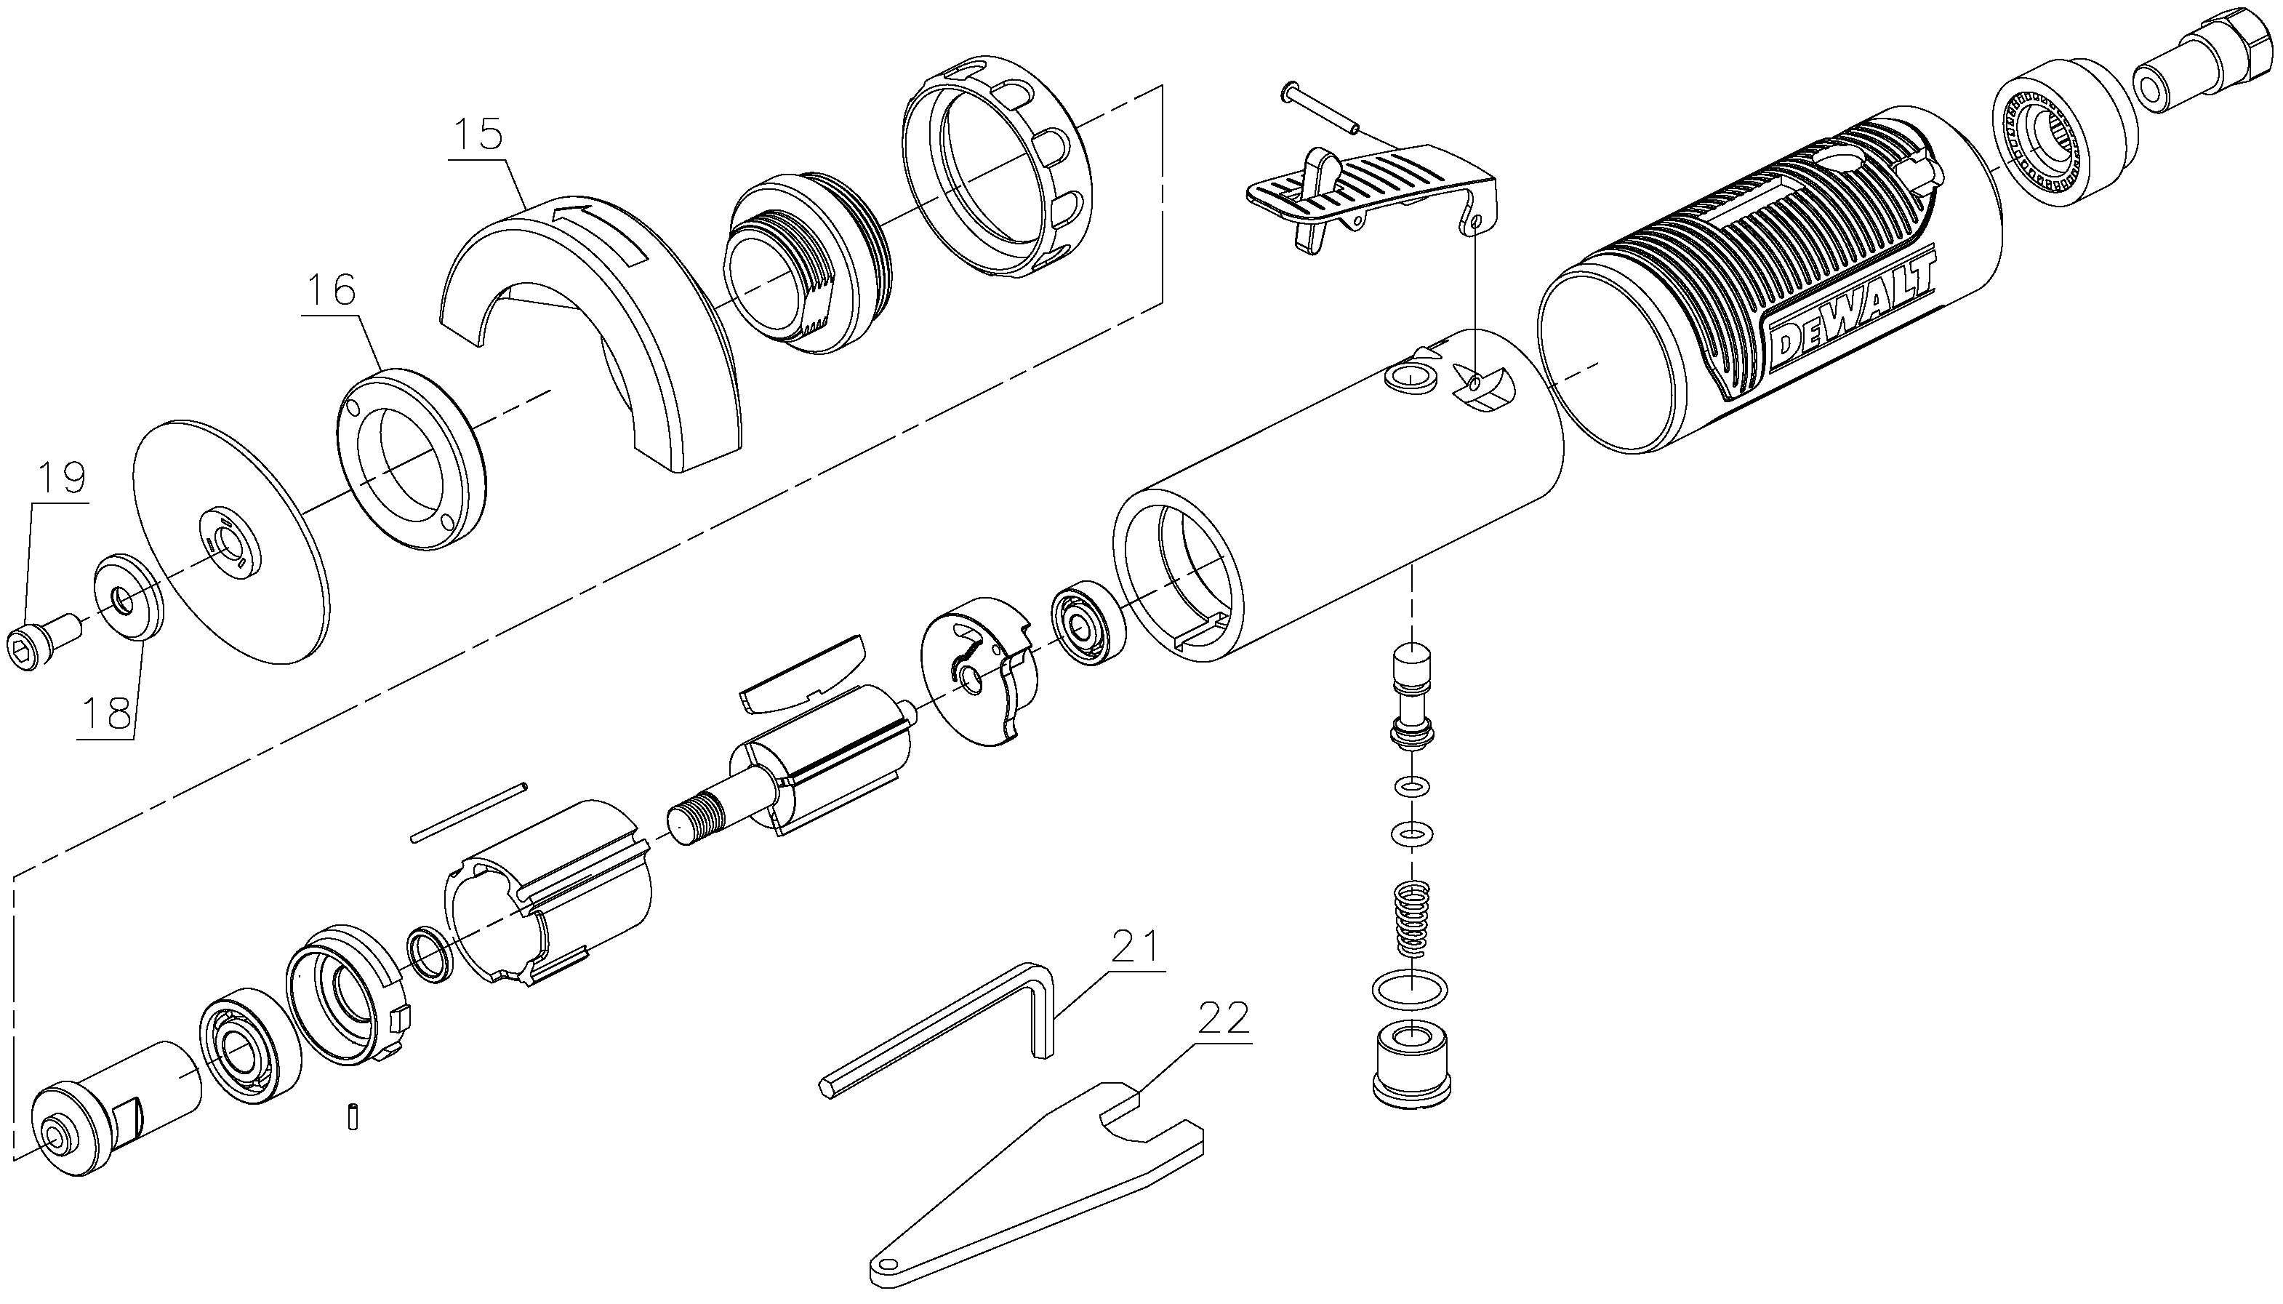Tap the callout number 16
(x=326, y=289)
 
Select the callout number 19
(x=62, y=480)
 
